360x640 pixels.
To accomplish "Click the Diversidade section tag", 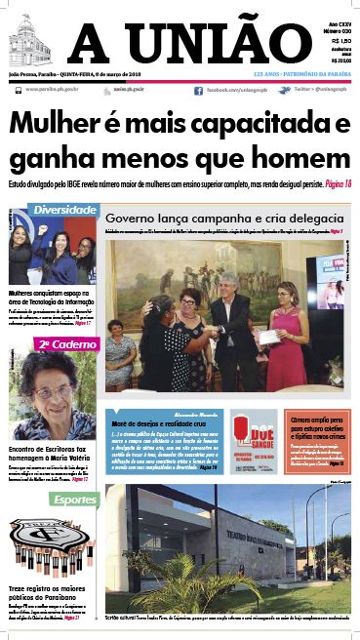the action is (64, 211).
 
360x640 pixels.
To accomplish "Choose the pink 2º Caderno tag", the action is (58, 344).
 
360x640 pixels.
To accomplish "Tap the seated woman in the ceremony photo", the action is (121, 353).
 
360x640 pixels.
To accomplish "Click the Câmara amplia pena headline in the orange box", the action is (317, 422).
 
